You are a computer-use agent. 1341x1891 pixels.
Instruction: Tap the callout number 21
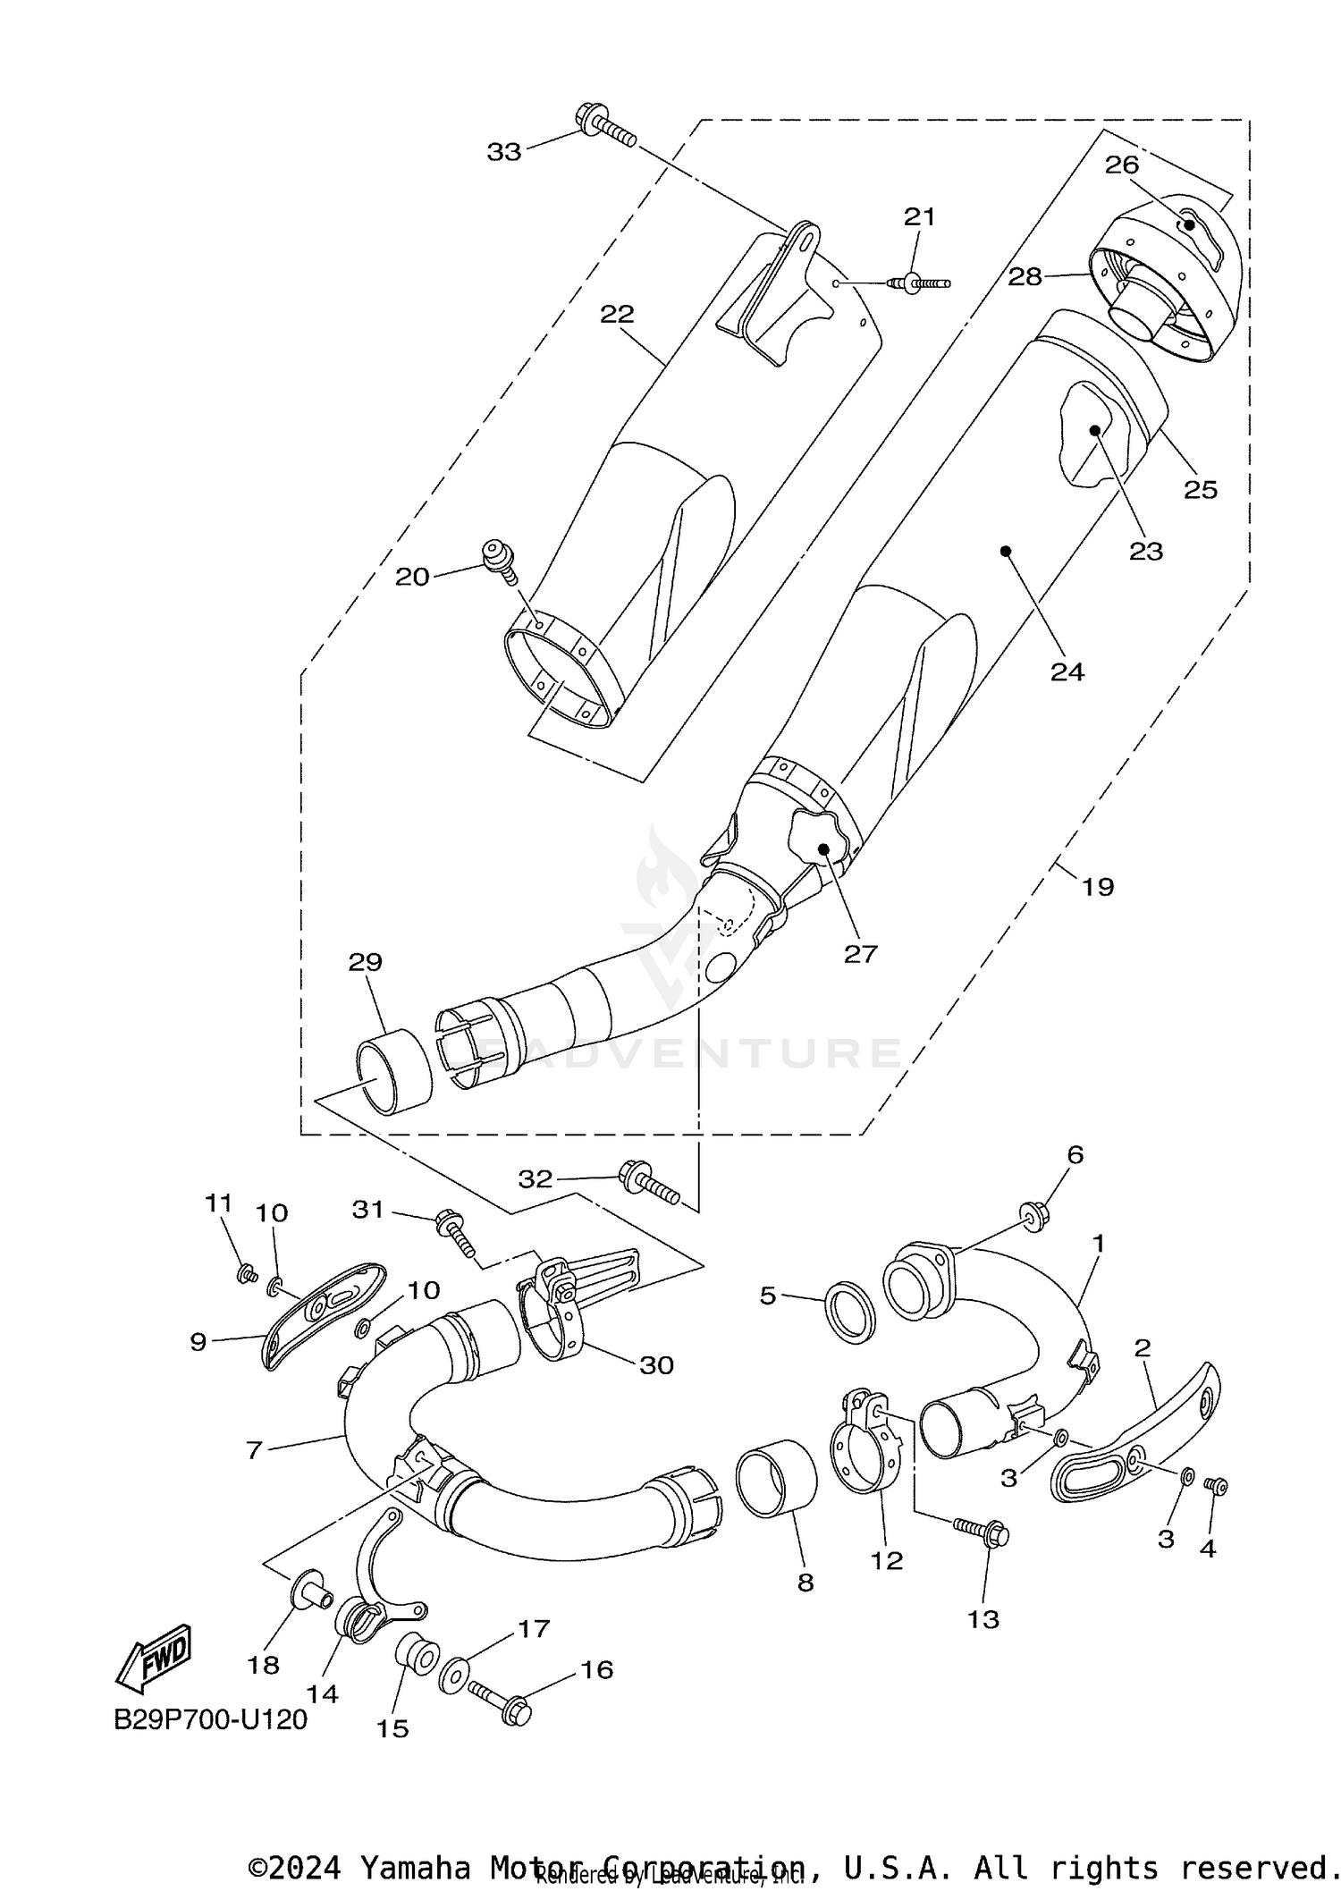(x=918, y=216)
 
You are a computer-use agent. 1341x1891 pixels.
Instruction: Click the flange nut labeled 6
(x=1036, y=1217)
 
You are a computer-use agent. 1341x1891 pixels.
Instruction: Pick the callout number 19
(x=1098, y=887)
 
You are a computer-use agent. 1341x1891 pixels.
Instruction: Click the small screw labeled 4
(x=1217, y=1486)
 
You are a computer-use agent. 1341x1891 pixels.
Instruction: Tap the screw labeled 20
(x=497, y=561)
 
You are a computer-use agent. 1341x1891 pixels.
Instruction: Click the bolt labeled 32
(x=648, y=1182)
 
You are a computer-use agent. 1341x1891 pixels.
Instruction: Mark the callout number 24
(x=1067, y=671)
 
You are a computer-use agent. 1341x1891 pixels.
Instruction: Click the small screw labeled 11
(x=243, y=1275)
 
